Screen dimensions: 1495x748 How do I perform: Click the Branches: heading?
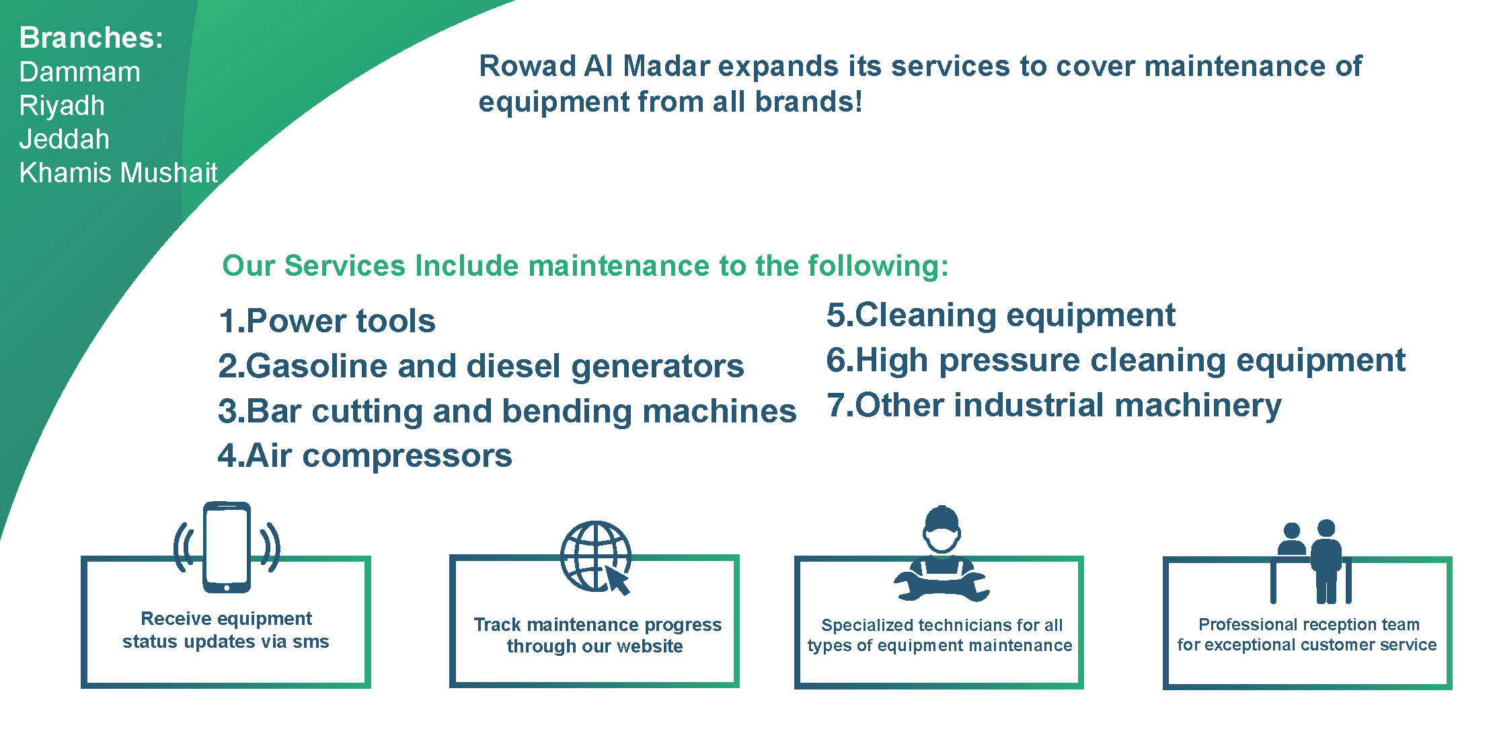click(91, 38)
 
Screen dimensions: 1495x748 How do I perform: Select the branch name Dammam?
click(80, 72)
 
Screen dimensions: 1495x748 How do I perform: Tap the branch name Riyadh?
click(62, 106)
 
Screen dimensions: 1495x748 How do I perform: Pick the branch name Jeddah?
click(65, 139)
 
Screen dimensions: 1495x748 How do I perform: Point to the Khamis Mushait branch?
click(118, 173)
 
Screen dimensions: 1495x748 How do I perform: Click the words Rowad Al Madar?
click(595, 66)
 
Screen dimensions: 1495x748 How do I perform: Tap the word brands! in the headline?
click(808, 102)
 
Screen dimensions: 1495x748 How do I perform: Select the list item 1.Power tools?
click(327, 321)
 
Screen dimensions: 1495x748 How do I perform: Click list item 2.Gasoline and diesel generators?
click(481, 366)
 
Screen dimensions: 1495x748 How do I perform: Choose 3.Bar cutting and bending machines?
click(507, 411)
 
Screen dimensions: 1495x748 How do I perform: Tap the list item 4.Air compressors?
click(365, 456)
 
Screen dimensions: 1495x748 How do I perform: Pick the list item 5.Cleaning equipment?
click(1001, 315)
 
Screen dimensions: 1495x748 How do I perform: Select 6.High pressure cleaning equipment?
click(1116, 361)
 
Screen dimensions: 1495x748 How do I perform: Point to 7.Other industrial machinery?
click(1054, 406)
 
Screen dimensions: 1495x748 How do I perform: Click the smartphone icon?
click(227, 547)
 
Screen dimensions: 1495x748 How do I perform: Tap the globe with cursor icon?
click(596, 557)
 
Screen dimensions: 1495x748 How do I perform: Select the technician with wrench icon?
click(942, 553)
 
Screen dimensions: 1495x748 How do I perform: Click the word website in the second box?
click(650, 646)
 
